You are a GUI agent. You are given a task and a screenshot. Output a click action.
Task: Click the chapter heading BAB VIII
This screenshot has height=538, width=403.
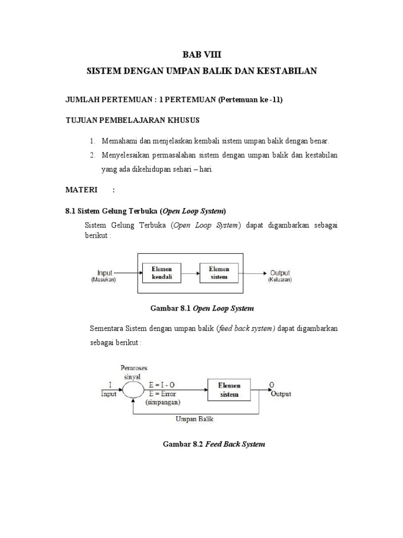[201, 54]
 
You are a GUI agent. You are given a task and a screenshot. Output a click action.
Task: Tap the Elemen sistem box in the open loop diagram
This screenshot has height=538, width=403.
[219, 273]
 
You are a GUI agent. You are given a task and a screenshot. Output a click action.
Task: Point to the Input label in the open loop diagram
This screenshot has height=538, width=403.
[105, 273]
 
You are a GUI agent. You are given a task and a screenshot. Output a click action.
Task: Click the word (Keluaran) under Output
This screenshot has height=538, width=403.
[280, 280]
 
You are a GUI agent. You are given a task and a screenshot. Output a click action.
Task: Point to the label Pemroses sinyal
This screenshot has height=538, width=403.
[134, 372]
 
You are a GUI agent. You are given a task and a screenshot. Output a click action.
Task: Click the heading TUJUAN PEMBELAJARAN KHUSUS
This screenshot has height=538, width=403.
[132, 120]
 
